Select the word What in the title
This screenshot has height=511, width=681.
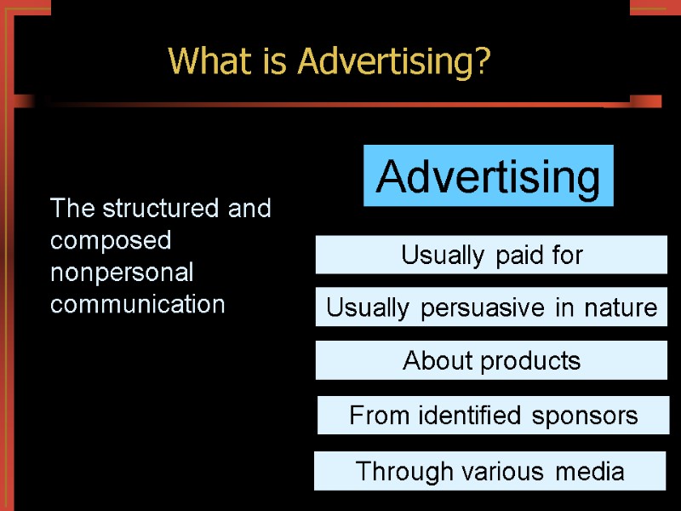(202, 61)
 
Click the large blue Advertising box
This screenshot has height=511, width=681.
(488, 176)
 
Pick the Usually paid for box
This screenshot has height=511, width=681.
(491, 255)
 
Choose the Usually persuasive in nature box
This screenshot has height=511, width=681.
(491, 307)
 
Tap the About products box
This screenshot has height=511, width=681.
(491, 360)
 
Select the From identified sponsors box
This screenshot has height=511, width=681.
(493, 415)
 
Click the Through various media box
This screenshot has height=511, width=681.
(489, 471)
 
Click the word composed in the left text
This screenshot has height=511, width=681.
(111, 241)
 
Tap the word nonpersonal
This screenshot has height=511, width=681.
(122, 273)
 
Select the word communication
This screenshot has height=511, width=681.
(137, 304)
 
